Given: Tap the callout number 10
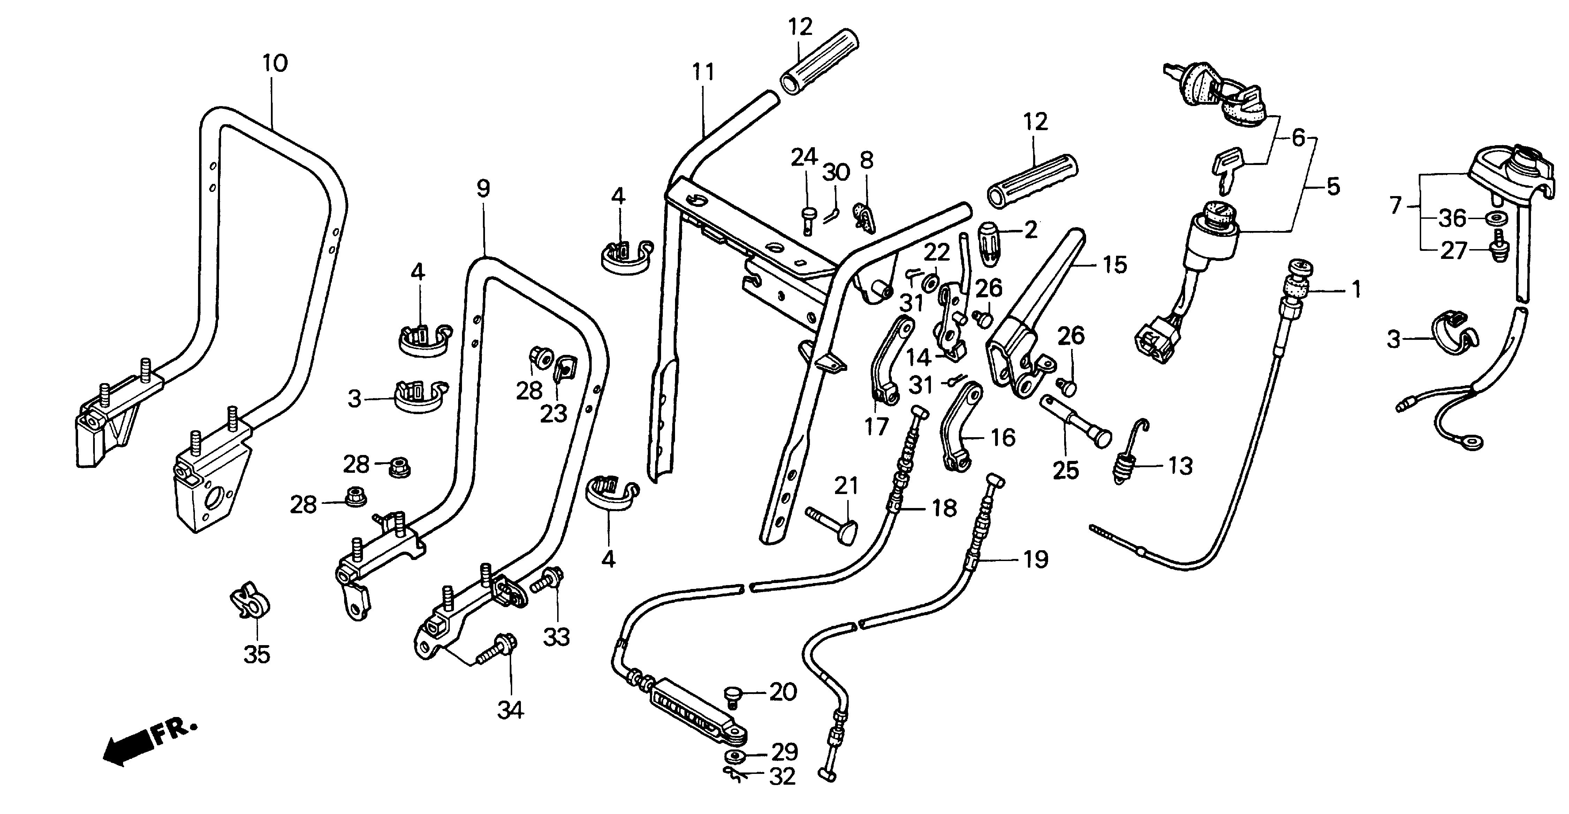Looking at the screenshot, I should [x=275, y=64].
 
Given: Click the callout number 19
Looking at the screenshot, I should [x=1036, y=559].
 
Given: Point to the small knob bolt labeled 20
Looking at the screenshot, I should [x=733, y=696].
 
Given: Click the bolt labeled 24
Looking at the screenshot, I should [x=807, y=220].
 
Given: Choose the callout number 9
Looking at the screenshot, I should [x=483, y=189].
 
